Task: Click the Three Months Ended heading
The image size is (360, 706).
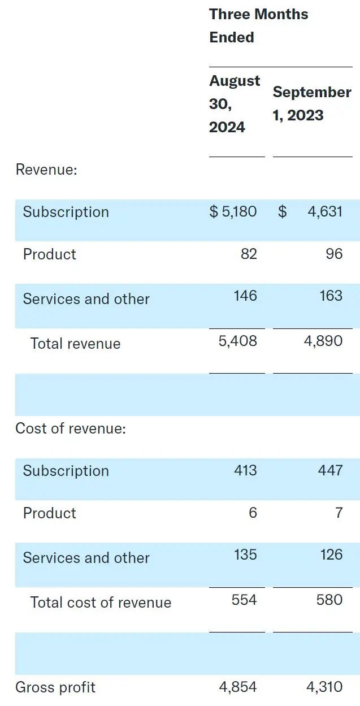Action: click(258, 25)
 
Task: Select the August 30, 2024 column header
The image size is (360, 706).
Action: click(234, 104)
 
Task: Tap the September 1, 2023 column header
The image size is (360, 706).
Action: click(311, 104)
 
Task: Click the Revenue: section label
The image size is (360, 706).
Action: click(46, 170)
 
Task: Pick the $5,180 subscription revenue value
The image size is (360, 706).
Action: click(233, 212)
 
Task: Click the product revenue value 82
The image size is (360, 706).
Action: click(249, 254)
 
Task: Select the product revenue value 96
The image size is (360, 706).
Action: click(334, 254)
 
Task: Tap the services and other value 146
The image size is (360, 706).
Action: click(245, 296)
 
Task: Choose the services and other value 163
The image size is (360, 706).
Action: click(331, 296)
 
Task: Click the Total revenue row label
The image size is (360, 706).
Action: click(75, 344)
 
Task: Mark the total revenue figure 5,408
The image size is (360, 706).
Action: click(237, 341)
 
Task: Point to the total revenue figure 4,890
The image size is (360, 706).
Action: click(323, 341)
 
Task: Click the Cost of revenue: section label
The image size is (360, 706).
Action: click(70, 428)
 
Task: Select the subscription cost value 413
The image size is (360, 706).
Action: click(245, 470)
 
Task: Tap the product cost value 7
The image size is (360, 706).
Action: click(339, 513)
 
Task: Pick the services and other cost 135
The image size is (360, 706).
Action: click(245, 555)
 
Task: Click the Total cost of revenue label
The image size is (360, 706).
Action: click(101, 603)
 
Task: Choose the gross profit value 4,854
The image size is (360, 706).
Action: click(237, 687)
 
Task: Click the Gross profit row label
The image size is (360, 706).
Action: click(55, 687)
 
